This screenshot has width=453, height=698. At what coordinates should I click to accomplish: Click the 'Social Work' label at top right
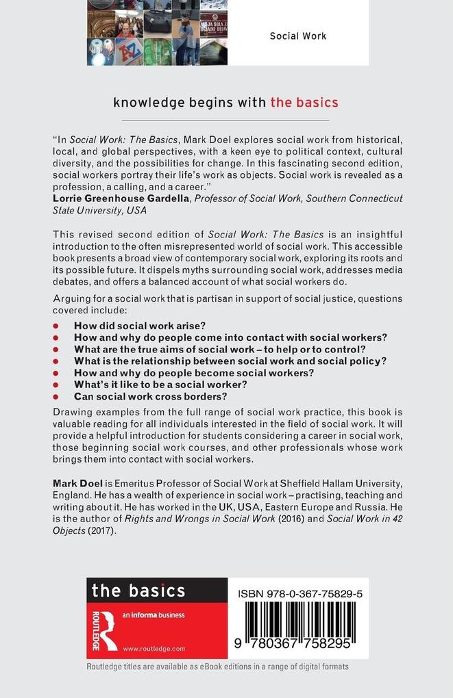(x=297, y=36)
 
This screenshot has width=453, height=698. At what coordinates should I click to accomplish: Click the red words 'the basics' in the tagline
(x=304, y=103)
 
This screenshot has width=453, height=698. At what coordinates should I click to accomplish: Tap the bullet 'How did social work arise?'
(x=140, y=326)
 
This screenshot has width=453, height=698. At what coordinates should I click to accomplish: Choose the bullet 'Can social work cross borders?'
(x=150, y=396)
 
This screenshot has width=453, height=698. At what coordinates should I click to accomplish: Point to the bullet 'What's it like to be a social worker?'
(x=160, y=385)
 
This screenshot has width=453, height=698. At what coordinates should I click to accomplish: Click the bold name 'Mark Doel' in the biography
(x=77, y=483)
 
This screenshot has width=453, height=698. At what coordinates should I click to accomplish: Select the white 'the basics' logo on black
(x=138, y=590)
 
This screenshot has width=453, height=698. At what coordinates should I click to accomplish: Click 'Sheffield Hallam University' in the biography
(x=332, y=483)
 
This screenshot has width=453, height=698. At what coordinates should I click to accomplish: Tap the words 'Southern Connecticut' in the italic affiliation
(x=350, y=198)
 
